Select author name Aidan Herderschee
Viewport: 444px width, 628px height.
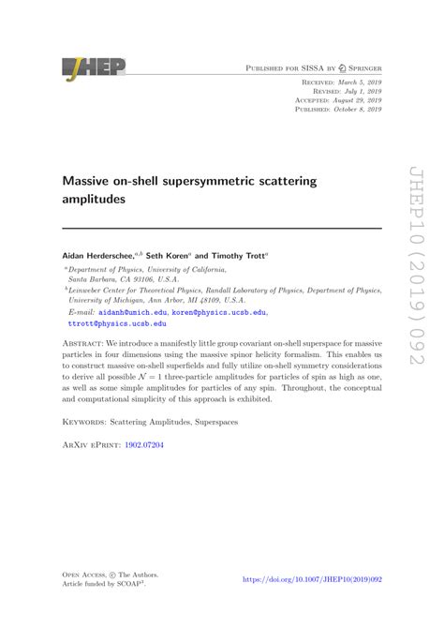[x=106, y=255]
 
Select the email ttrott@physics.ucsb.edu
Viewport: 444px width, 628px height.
[x=117, y=323]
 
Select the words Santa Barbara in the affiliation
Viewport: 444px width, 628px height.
[x=90, y=279]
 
